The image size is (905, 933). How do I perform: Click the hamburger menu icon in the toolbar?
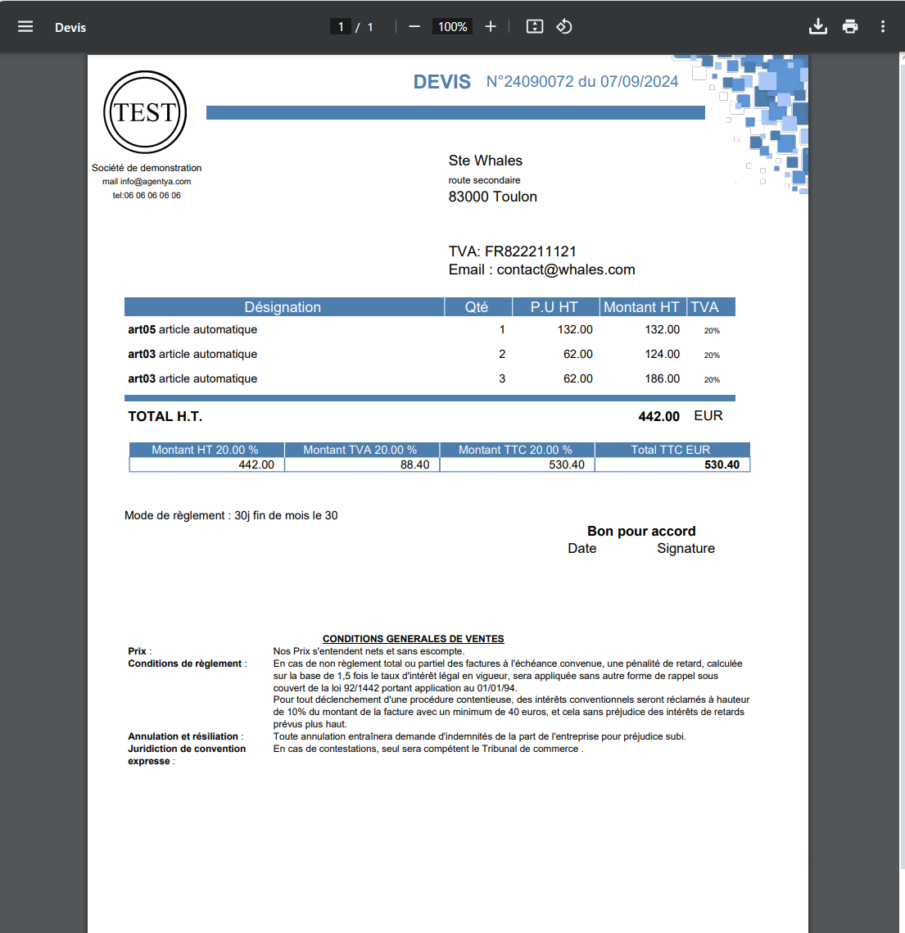[x=25, y=27]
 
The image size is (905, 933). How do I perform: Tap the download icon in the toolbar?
[x=817, y=27]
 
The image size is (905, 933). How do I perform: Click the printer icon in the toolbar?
[x=850, y=27]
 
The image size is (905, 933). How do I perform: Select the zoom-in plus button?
[x=491, y=27]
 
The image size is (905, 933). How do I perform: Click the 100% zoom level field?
[x=452, y=27]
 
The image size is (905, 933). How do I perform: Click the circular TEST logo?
[x=145, y=112]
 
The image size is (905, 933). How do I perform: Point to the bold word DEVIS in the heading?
[x=442, y=82]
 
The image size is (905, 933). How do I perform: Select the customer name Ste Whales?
[x=485, y=161]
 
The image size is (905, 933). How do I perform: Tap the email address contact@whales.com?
[x=566, y=269]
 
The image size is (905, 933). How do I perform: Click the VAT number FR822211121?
[x=531, y=251]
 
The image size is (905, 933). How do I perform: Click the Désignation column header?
[x=283, y=307]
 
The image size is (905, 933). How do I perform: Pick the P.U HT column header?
[x=554, y=307]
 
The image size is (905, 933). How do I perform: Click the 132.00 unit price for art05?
[x=575, y=329]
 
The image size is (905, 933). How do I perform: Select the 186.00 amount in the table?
[x=662, y=378]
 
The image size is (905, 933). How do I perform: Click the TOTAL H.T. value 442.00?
[x=658, y=417]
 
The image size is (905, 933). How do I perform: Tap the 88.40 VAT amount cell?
[x=414, y=464]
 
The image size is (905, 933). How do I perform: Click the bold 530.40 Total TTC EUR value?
[x=722, y=464]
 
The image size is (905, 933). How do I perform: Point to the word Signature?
[x=686, y=549]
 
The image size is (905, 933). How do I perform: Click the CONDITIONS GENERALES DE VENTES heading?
[x=413, y=639]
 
